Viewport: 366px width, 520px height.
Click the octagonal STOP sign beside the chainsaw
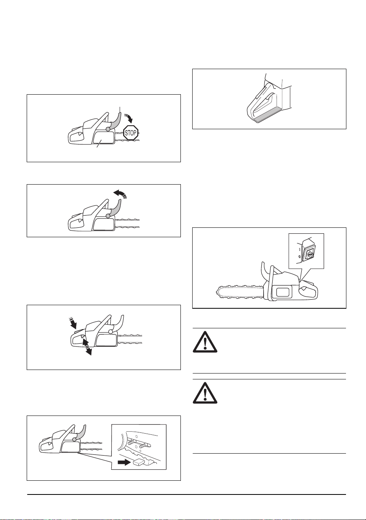[x=131, y=133]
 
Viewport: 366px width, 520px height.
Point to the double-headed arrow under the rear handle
[x=87, y=346]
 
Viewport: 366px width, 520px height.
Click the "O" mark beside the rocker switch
[x=299, y=257]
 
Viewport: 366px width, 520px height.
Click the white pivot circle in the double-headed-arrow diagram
[x=110, y=332]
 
